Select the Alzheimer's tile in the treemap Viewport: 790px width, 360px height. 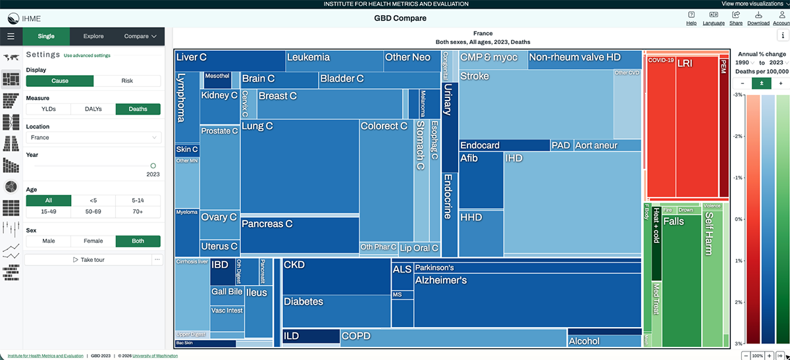point(527,299)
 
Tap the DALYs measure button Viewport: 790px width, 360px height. point(93,109)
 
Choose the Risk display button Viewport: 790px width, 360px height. point(127,81)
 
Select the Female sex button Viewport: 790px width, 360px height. point(93,241)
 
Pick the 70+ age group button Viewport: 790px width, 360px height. point(138,212)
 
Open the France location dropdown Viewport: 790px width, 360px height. point(93,138)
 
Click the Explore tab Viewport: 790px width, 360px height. point(93,36)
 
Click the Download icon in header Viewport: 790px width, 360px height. point(758,18)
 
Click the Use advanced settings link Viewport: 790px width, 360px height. point(87,56)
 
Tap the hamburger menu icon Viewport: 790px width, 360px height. point(11,36)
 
